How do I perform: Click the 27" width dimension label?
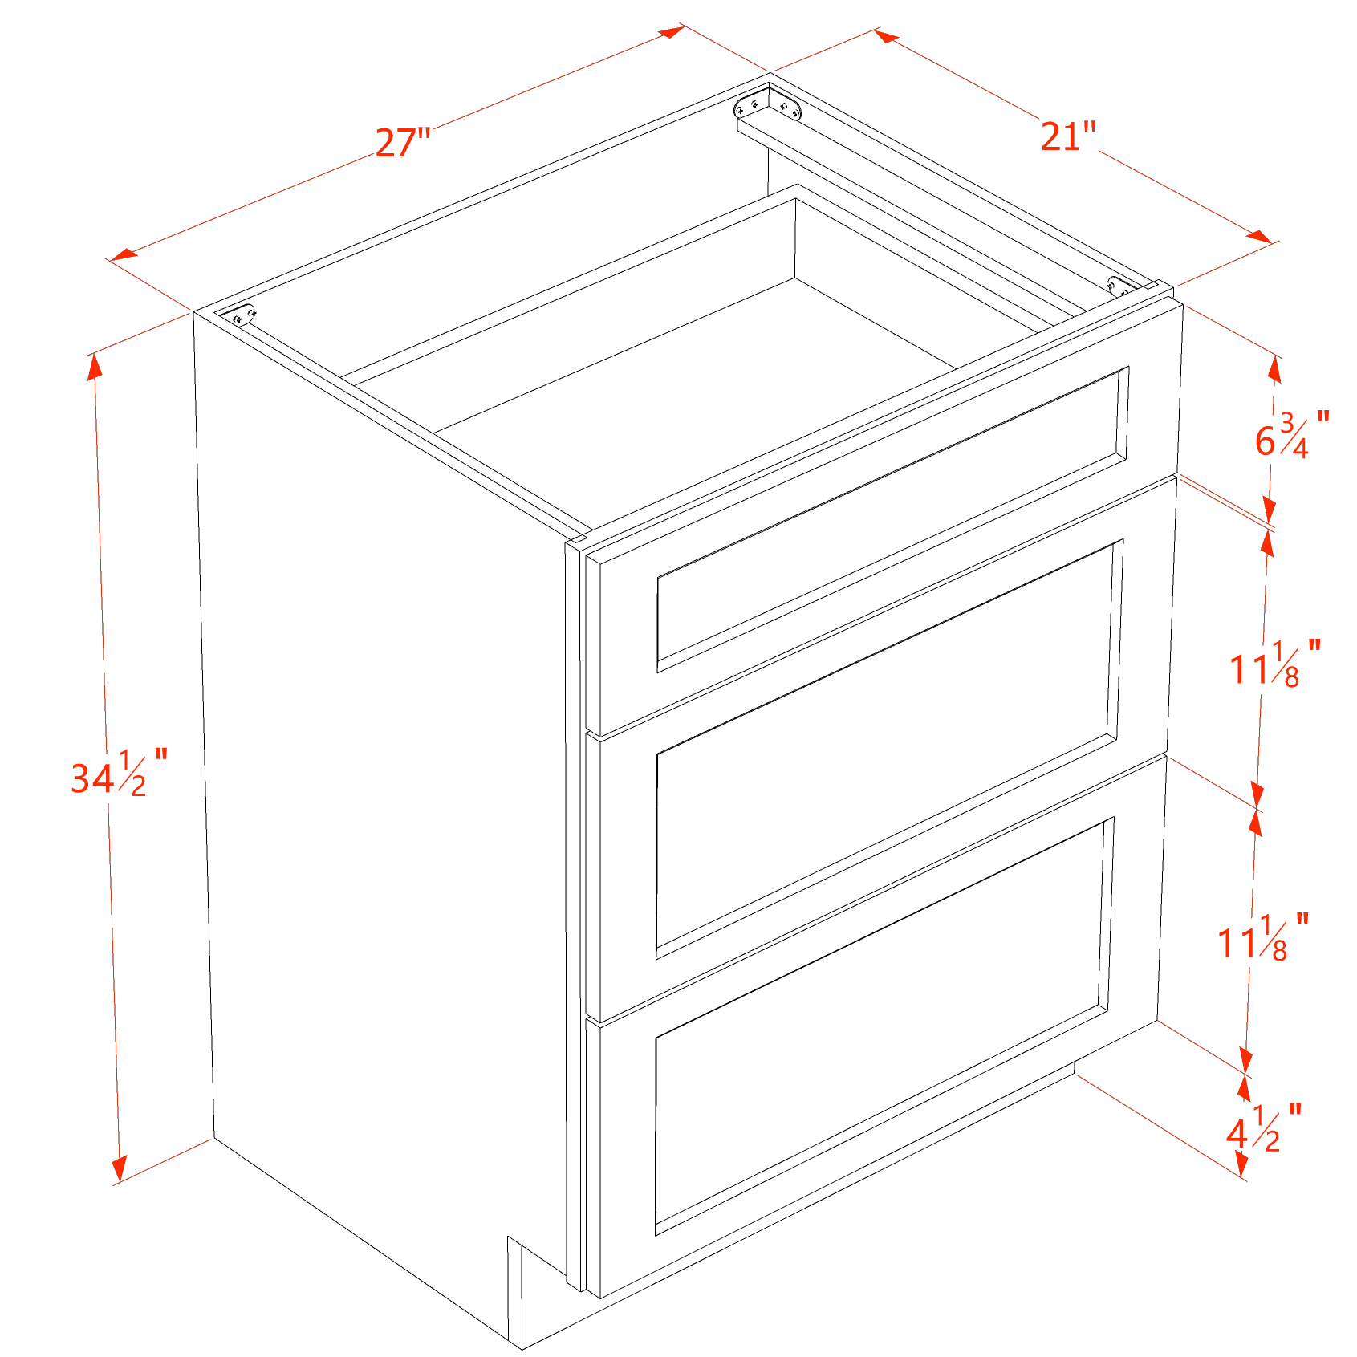(x=403, y=143)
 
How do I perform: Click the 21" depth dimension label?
(x=1068, y=136)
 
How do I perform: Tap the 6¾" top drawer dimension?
(x=1292, y=436)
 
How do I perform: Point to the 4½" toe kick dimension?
(x=1263, y=1128)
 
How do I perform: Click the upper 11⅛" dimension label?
(x=1275, y=664)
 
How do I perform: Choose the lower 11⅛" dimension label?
(x=1263, y=937)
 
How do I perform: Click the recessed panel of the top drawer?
(x=892, y=520)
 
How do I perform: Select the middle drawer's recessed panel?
(x=889, y=749)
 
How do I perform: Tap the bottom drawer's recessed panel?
(x=884, y=1026)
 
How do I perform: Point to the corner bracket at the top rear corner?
(x=768, y=105)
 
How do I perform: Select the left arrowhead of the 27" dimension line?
(x=124, y=254)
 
